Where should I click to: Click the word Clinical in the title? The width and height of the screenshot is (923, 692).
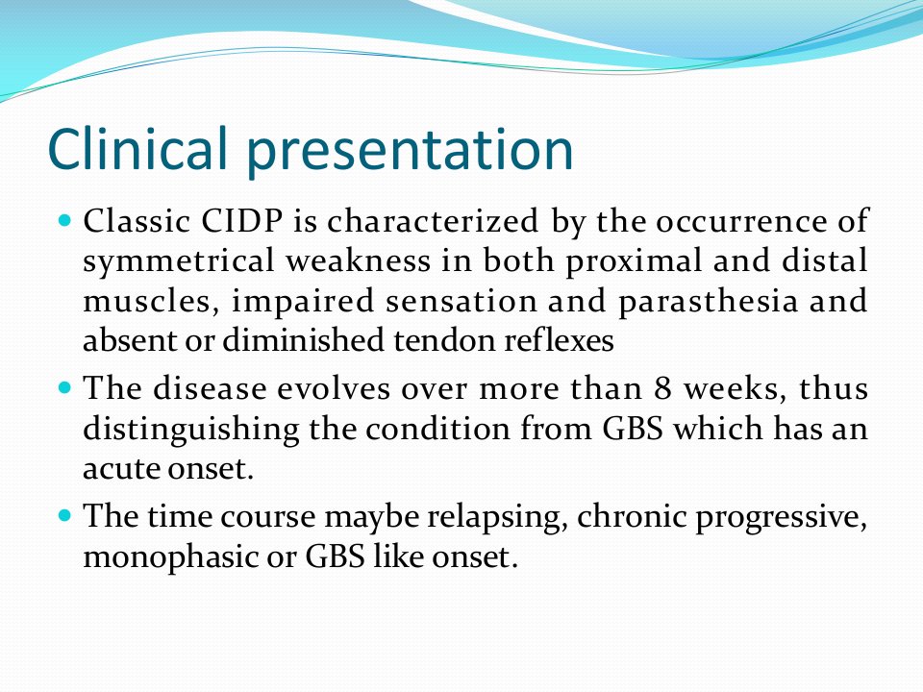pos(137,148)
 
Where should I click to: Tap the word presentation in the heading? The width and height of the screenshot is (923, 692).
pos(410,152)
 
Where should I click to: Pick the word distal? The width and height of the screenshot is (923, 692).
pos(825,260)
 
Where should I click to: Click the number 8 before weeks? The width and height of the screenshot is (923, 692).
pos(662,389)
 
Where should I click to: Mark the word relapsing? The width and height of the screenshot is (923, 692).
pos(497,518)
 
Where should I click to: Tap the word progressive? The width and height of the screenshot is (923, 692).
pos(782,518)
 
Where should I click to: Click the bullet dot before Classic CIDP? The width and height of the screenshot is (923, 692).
pos(65,221)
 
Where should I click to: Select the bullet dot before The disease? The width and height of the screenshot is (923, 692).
pos(65,388)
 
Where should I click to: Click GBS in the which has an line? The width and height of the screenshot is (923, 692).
pos(633,429)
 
